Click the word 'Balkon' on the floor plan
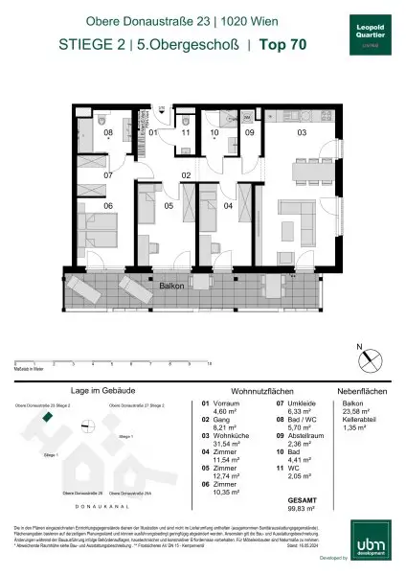[171, 285]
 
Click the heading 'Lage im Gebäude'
[100, 392]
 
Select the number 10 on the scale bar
[209, 365]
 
